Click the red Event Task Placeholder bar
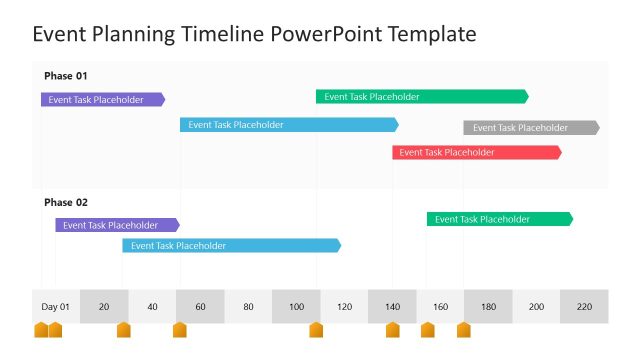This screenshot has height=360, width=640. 476,152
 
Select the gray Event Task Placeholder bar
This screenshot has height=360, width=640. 531,128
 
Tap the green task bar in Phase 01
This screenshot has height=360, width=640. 421,97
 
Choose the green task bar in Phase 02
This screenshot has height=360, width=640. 499,219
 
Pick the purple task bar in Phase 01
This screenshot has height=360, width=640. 102,100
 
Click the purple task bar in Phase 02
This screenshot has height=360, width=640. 116,225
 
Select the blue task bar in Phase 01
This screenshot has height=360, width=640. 288,125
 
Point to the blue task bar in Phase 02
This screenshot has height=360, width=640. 231,245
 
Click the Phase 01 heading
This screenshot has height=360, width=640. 66,76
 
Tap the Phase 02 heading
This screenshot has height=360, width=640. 66,202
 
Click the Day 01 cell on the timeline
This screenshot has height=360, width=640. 56,307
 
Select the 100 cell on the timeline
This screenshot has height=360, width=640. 296,307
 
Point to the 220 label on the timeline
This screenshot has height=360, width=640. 584,307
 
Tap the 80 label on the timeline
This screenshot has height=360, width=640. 248,307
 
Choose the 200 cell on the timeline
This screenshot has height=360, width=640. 536,307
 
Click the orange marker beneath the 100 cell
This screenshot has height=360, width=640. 316,330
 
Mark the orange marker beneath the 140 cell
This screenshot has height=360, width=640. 392,330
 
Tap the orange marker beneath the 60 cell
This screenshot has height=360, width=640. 180,330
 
